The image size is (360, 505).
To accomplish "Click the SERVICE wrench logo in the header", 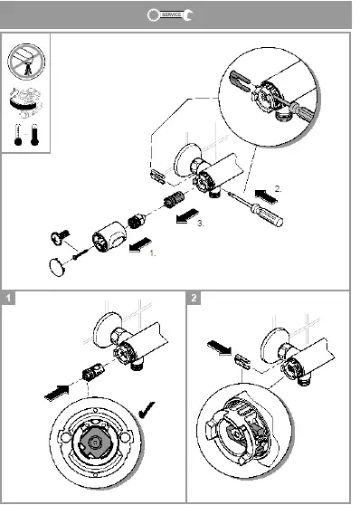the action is [x=170, y=14].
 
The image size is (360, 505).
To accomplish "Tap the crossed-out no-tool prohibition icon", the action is [x=26, y=62].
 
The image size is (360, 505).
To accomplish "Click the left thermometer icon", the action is [x=18, y=135].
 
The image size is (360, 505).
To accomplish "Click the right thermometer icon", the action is [x=34, y=135].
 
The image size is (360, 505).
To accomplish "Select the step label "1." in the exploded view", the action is [x=152, y=253].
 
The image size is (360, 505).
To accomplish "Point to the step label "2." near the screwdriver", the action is [x=278, y=189].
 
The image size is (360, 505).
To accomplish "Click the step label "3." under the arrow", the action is [x=200, y=224].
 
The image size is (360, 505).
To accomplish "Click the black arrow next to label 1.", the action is [x=140, y=244].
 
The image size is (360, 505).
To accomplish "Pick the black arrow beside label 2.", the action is [x=266, y=195].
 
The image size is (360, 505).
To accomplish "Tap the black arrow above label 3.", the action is [x=187, y=215].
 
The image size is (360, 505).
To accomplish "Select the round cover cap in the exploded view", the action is [x=57, y=267].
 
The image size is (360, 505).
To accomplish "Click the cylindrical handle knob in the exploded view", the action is [x=109, y=237].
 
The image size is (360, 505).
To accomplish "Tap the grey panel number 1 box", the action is [x=8, y=298].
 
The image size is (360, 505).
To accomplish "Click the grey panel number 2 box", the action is [x=194, y=298].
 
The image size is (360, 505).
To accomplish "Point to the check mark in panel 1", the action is [x=147, y=410].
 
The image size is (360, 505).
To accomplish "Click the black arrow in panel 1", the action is [x=57, y=393].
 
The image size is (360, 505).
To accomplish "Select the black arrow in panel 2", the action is [x=219, y=348].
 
